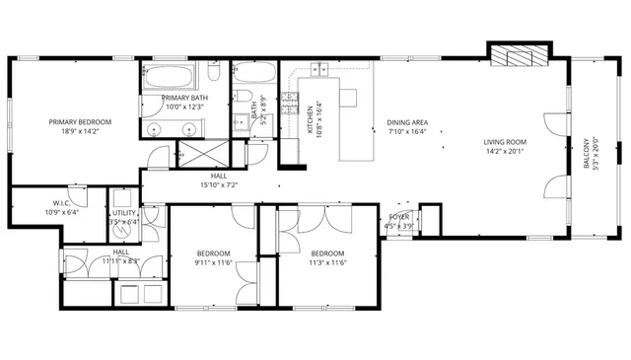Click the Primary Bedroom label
(x=81, y=122)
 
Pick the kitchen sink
(x=320, y=69)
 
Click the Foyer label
(x=399, y=215)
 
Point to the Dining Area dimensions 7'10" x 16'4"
(x=406, y=130)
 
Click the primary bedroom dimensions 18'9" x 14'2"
(x=81, y=130)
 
